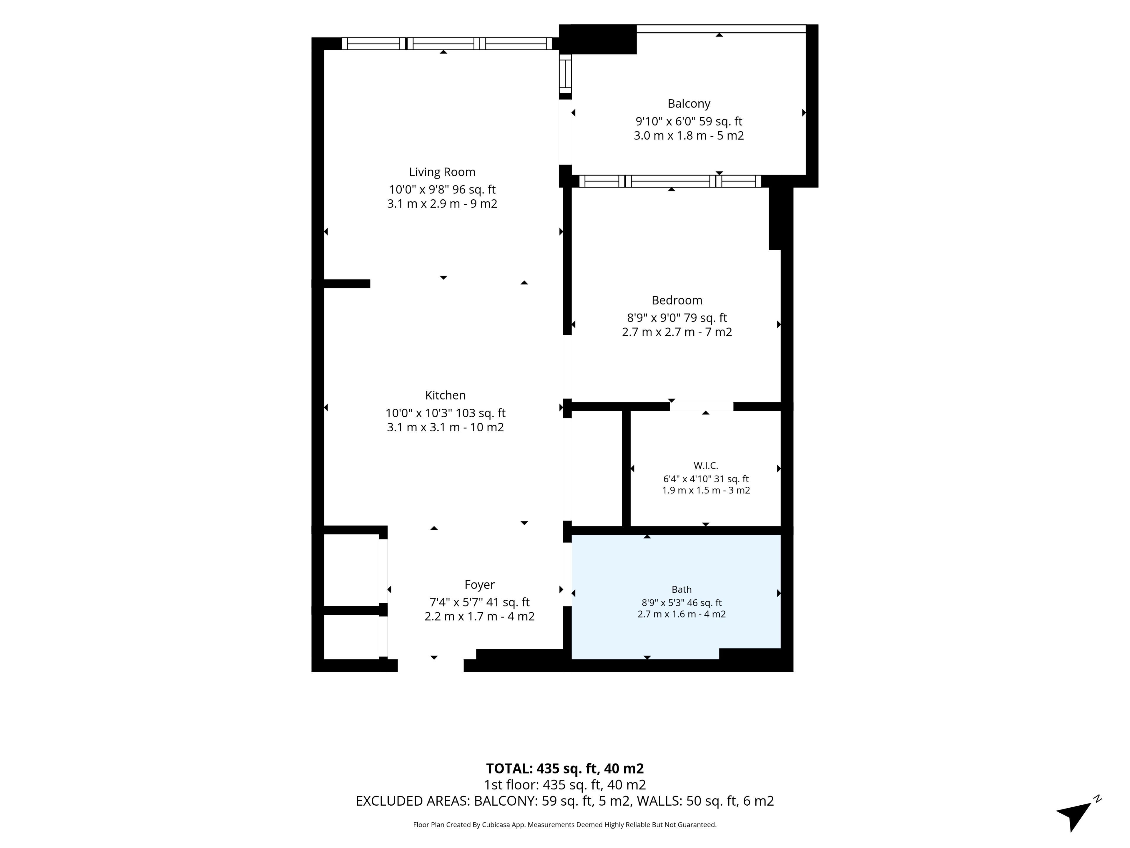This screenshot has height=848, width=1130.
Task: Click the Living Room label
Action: pos(442,172)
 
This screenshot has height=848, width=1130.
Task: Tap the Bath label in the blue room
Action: pos(682,589)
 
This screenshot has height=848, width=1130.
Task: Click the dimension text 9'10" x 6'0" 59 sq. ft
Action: pos(689,122)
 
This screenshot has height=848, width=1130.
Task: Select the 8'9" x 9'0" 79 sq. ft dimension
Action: pos(677,318)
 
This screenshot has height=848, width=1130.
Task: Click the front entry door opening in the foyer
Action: pos(431,665)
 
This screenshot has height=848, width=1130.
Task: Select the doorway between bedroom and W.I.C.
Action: pos(702,407)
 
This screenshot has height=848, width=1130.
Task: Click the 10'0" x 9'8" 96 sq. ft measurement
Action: pos(442,190)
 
